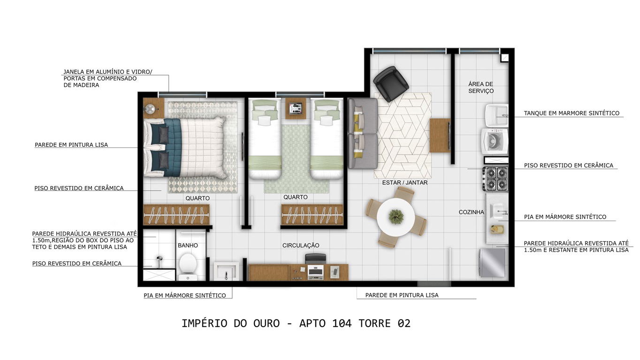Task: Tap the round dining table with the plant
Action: pos(396,217)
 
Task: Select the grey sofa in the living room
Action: pos(362,134)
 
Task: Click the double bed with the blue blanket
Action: pos(185,147)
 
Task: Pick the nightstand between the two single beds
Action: pos(296,108)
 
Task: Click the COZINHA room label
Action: pos(471,212)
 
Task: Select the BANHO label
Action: pos(188,245)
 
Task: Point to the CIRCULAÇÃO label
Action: pos(301,245)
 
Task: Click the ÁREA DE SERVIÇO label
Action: pos(481,87)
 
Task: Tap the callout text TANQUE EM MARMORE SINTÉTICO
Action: pos(571,113)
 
